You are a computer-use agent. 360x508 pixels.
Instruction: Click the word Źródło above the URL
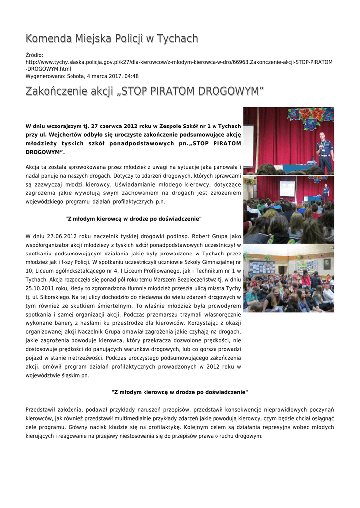pyautogui.click(x=34, y=55)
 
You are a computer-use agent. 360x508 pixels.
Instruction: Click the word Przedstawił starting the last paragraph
pyautogui.click(x=42, y=409)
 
